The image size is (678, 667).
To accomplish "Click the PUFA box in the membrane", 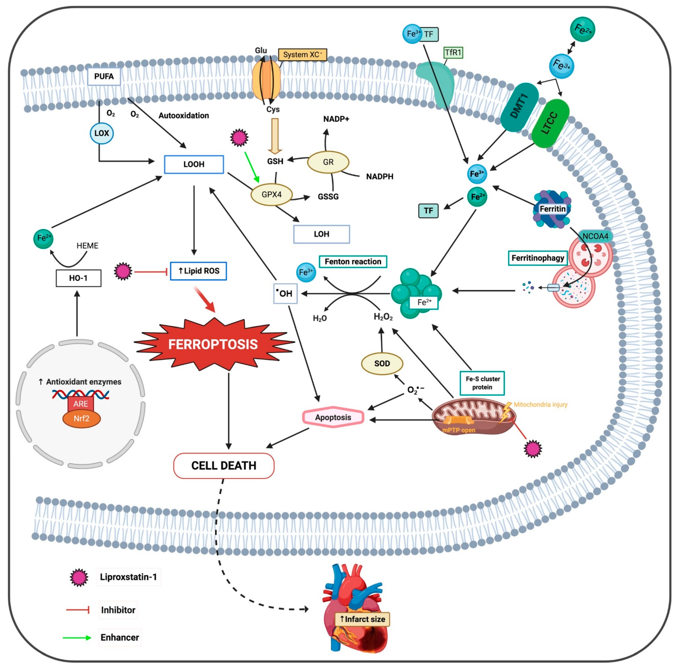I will [104, 76].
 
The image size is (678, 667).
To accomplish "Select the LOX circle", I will [102, 133].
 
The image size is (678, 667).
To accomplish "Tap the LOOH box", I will [194, 164].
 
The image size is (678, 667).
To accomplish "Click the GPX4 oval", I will [271, 194].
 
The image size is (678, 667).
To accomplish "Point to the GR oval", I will [328, 162].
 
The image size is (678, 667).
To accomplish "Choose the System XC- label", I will [302, 55].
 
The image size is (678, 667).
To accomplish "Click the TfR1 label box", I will [453, 53].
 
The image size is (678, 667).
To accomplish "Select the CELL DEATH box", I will [224, 466].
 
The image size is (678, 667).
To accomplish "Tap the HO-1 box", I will [79, 278].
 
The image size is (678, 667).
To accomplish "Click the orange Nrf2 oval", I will [81, 418].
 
